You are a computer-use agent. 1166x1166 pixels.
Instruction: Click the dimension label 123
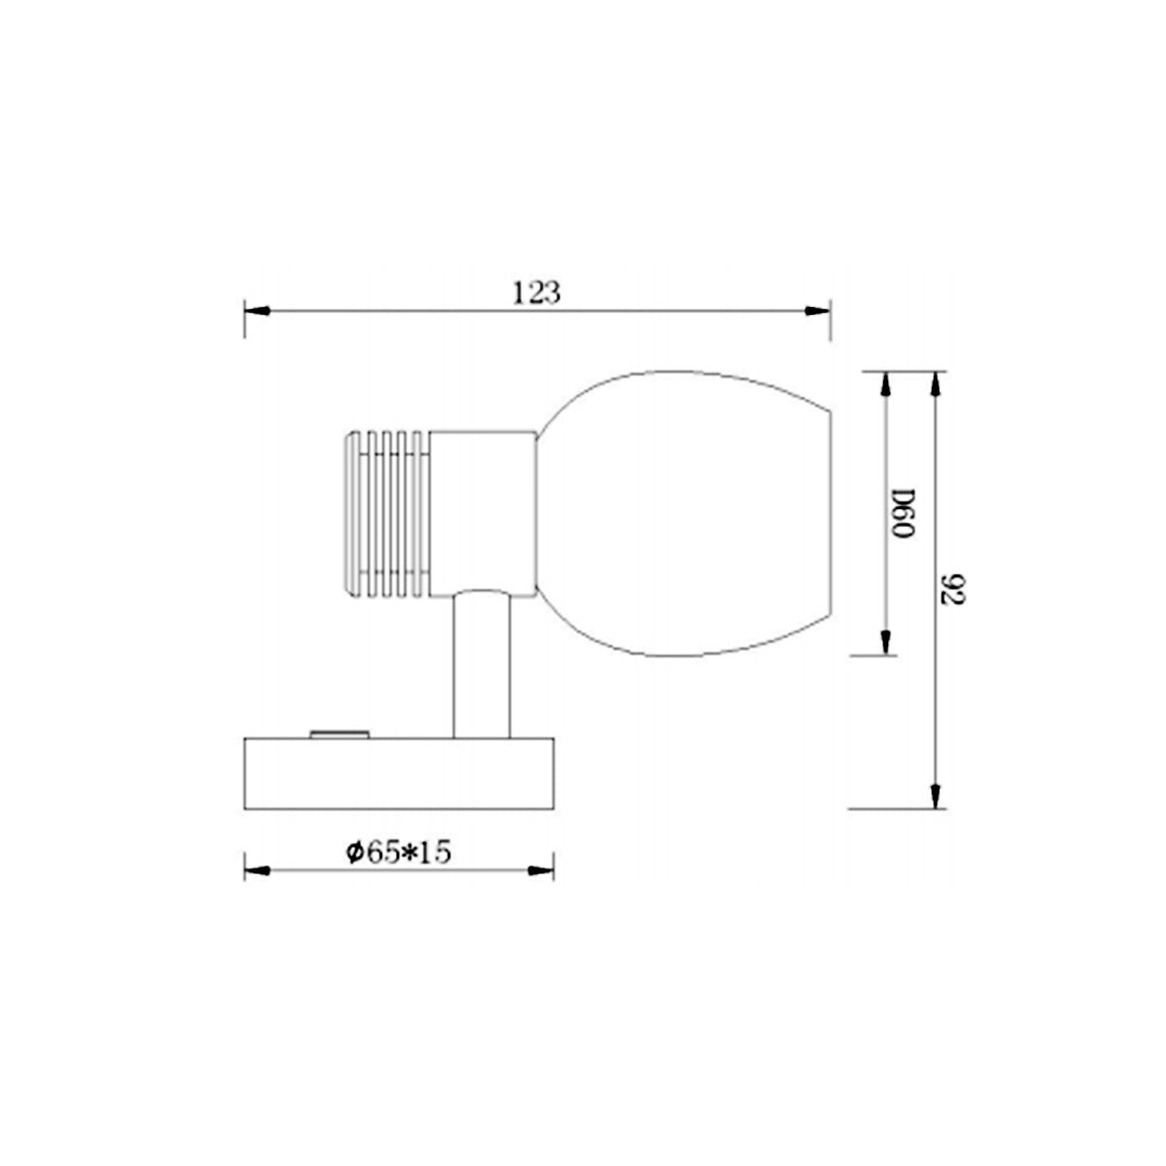537,291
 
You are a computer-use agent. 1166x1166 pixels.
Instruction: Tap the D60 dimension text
903,514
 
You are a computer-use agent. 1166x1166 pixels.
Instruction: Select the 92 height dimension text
953,589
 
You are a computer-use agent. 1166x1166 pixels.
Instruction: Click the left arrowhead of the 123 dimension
256,311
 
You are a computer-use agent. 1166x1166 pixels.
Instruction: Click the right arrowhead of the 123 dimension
818,311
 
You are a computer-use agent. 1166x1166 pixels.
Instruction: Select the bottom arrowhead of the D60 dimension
884,641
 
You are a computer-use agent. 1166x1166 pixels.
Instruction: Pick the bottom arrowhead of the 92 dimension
935,795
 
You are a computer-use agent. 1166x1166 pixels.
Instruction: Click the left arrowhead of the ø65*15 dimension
256,870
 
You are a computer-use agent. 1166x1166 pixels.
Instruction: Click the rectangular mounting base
398,773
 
